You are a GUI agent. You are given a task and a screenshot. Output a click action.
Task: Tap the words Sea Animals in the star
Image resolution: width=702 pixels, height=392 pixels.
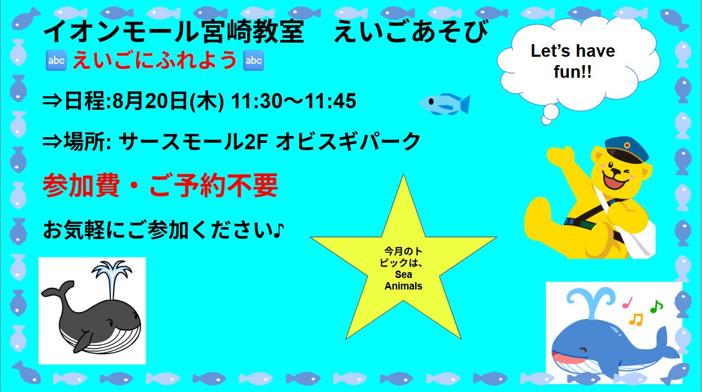click(x=403, y=280)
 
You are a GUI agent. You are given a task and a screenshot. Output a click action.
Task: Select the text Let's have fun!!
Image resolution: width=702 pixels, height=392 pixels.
click(x=573, y=61)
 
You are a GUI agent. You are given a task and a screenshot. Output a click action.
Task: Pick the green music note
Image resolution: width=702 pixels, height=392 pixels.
click(x=656, y=306)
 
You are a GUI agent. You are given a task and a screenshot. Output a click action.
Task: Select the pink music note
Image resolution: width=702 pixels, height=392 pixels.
click(x=627, y=303)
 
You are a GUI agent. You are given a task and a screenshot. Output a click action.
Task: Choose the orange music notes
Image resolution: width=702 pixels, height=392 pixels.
click(x=636, y=319)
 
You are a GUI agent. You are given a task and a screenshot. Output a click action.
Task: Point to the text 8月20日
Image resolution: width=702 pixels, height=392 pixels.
click(x=150, y=101)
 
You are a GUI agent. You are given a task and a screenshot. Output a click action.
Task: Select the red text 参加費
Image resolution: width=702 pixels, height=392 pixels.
click(x=81, y=185)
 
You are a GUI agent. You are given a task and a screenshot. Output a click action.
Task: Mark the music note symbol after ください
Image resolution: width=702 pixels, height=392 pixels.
click(x=278, y=231)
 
